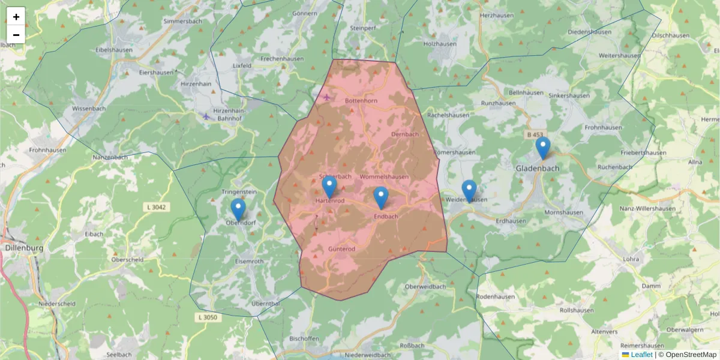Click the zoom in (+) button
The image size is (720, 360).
[16, 17]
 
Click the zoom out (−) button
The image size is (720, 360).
[16, 35]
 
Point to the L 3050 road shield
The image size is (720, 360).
[207, 317]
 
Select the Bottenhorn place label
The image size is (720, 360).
[361, 101]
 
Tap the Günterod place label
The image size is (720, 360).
[342, 248]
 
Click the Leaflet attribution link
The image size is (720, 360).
[641, 355]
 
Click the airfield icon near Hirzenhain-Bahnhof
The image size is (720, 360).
[206, 116]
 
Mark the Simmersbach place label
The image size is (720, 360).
[183, 21]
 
